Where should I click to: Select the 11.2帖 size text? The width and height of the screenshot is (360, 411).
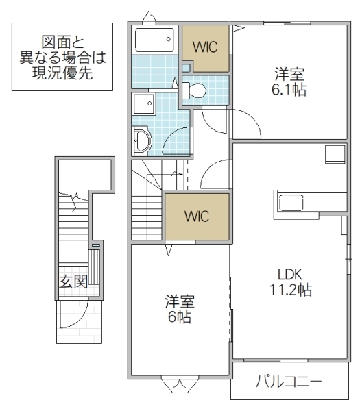coord(290,290)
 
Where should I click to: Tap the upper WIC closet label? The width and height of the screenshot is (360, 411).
coord(206,47)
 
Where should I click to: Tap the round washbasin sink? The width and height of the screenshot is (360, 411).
coord(142,141)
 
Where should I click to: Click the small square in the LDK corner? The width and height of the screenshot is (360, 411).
coord(335,154)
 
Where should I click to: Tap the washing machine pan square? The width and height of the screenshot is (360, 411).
coord(145,105)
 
